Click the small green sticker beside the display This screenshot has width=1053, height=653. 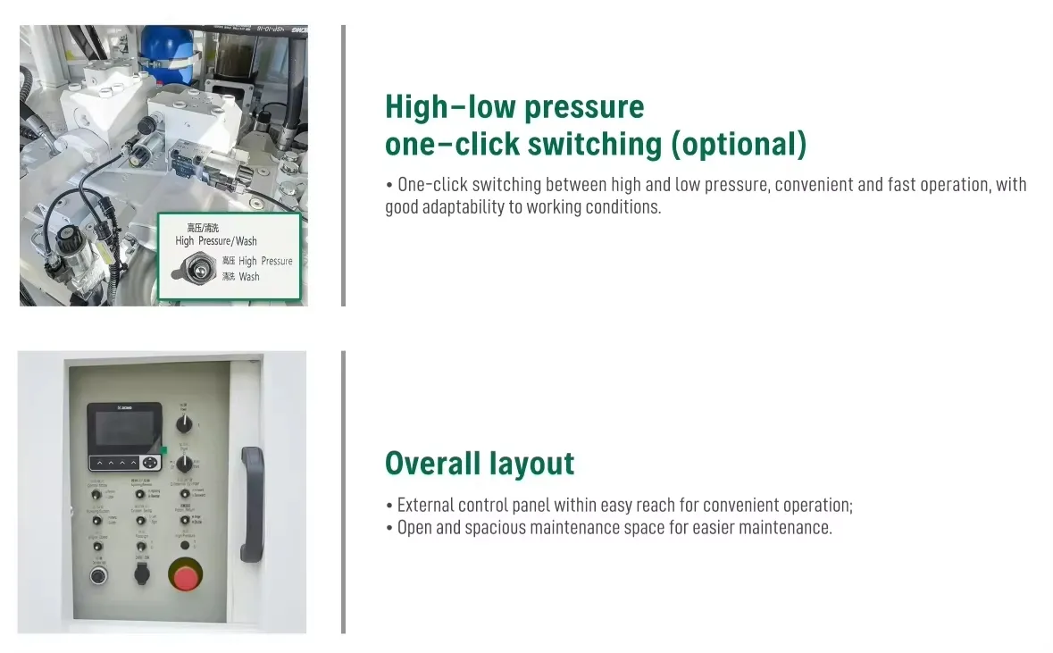(x=163, y=450)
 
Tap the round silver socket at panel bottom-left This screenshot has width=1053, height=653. (x=98, y=575)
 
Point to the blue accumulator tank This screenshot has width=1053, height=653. (x=168, y=49)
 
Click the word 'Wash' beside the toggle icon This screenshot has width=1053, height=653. (x=249, y=277)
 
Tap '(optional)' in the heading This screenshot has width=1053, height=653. (x=738, y=144)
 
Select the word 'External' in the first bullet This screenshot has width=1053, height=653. (x=426, y=506)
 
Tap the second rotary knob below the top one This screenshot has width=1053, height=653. (x=185, y=463)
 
